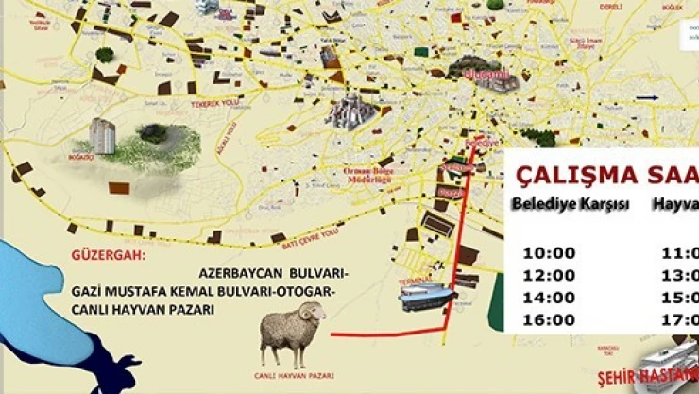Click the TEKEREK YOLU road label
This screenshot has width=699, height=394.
pyautogui.click(x=213, y=102)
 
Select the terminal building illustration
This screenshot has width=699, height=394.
pyautogui.click(x=427, y=297)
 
